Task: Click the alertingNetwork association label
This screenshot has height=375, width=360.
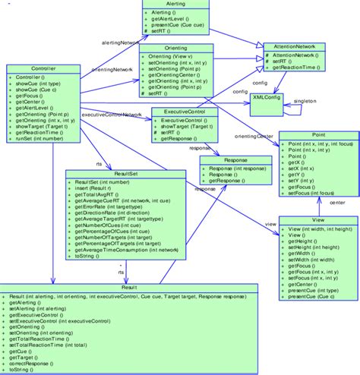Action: tap(118, 43)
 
